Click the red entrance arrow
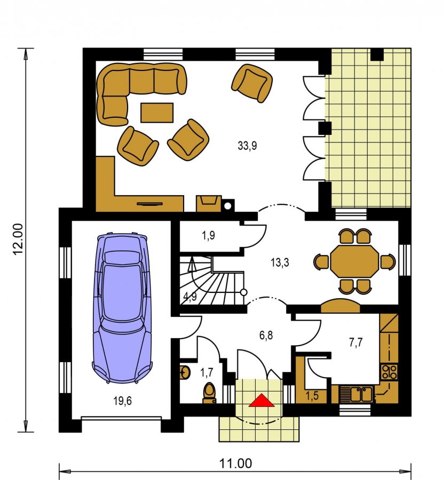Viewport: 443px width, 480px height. (x=262, y=401)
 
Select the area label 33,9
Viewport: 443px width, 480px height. (x=247, y=146)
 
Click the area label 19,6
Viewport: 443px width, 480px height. (x=123, y=401)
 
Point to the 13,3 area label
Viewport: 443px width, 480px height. (x=280, y=262)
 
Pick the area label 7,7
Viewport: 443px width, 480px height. (x=355, y=342)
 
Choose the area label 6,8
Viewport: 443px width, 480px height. (x=266, y=335)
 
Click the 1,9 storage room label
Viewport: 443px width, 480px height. (x=208, y=235)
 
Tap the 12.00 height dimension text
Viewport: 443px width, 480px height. (x=18, y=239)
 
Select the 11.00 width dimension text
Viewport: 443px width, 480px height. (x=235, y=463)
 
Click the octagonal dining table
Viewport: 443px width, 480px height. (x=354, y=261)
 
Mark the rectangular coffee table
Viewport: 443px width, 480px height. (x=157, y=113)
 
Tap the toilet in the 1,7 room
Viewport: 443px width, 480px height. (x=210, y=393)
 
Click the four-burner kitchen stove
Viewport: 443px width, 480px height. (x=389, y=372)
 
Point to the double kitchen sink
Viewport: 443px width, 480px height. (x=357, y=395)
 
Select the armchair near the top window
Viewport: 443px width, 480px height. (x=252, y=83)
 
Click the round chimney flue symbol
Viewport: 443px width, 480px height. (x=227, y=206)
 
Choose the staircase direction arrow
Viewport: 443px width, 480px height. (x=192, y=265)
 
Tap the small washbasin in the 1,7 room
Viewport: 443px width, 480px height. (x=185, y=373)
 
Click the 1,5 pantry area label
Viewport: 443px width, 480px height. (x=312, y=396)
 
